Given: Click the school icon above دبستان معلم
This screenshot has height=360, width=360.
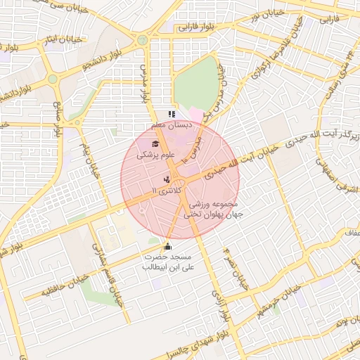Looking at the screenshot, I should point(169,114).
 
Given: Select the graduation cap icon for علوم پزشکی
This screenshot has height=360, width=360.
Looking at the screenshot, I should point(155,144).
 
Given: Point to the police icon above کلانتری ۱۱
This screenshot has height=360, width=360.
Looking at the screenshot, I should point(167,180).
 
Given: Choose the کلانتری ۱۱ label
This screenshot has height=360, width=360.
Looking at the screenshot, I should point(167,191).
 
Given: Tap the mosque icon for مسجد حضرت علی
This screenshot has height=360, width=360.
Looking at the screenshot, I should point(167,246).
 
